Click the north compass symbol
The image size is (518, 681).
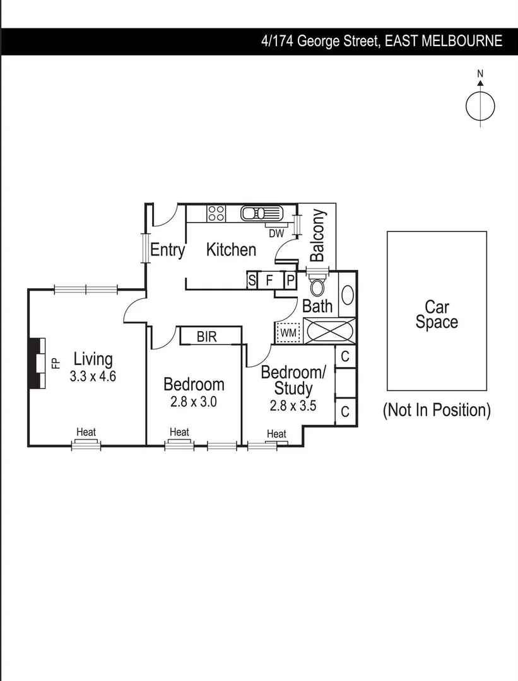(x=480, y=105)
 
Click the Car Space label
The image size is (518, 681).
(x=437, y=315)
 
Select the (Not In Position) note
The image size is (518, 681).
(x=437, y=410)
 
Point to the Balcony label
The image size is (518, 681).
(x=317, y=235)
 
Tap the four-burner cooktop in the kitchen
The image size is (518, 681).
(x=216, y=213)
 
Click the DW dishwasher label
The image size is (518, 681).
(x=276, y=233)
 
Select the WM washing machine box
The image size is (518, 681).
(x=288, y=332)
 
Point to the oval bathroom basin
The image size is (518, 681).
(x=347, y=295)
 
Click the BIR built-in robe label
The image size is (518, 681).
(x=206, y=337)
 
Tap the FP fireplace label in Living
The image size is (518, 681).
(x=55, y=363)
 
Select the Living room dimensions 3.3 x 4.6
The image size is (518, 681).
(x=93, y=376)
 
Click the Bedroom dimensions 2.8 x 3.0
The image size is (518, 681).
(x=193, y=402)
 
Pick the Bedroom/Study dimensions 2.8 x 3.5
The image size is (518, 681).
(x=293, y=405)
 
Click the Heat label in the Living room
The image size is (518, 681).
(x=86, y=432)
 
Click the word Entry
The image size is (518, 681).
(x=167, y=250)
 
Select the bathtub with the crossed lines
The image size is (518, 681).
(x=329, y=331)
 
